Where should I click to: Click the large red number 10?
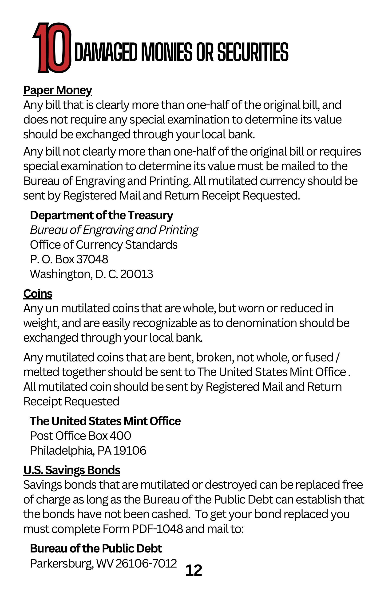pos(52,48)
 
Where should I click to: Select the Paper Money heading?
pos(57,90)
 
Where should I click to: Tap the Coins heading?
pos(38,294)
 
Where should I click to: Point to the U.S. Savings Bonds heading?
pos(71,470)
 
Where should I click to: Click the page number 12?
pos(194,571)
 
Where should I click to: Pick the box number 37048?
pos(92,259)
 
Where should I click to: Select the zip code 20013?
pos(137,274)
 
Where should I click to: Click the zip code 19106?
pos(130,451)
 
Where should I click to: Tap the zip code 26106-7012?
pos(146,563)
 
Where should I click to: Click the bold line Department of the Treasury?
pos(102,215)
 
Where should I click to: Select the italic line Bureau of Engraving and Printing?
pos(114,230)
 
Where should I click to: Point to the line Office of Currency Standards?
pos(104,244)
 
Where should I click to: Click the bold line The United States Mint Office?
pos(105,421)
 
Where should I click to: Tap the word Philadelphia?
pos(62,451)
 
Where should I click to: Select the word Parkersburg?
pos(62,563)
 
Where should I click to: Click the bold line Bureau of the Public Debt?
pos(96,548)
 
